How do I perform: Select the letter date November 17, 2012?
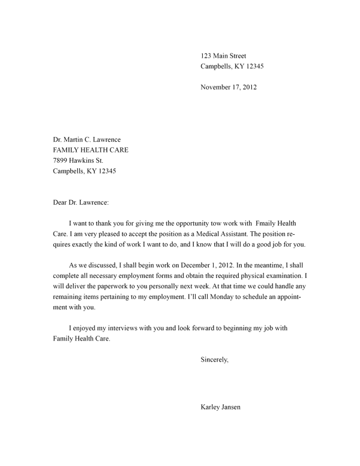tap(229, 87)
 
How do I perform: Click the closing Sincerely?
tap(215, 360)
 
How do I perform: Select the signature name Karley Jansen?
tap(223, 408)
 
